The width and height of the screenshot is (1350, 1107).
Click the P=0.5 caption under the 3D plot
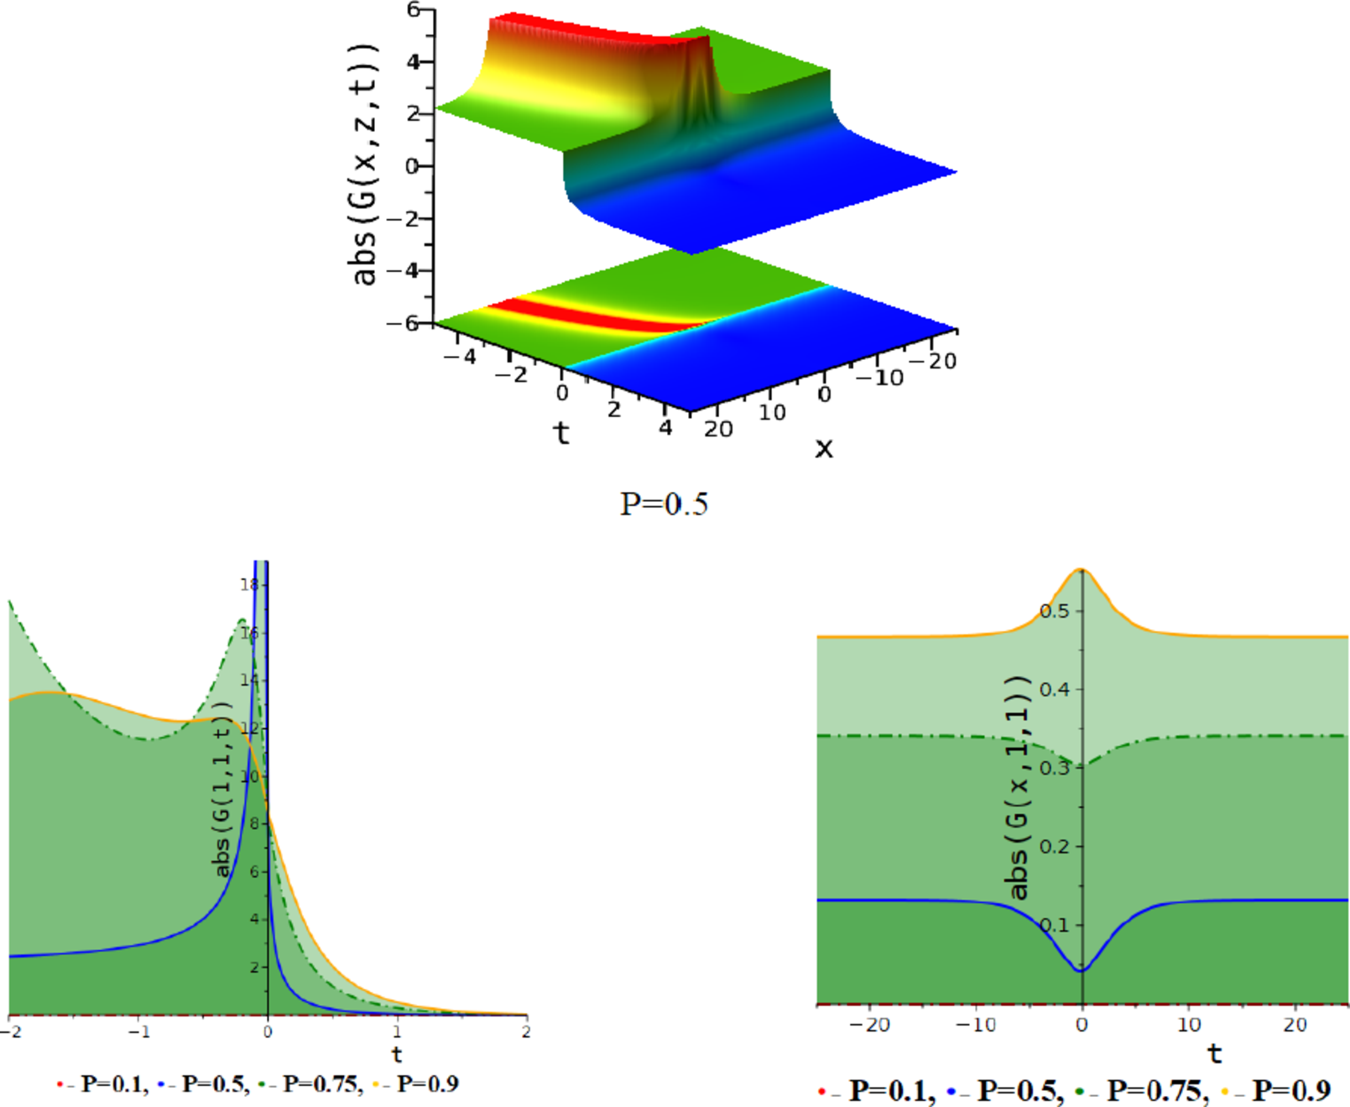(x=663, y=504)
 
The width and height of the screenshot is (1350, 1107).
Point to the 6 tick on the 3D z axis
(x=413, y=9)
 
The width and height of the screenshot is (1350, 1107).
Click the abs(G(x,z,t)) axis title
(x=364, y=165)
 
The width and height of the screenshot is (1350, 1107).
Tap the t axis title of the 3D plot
(x=561, y=433)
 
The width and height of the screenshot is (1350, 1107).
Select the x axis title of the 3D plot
(x=824, y=448)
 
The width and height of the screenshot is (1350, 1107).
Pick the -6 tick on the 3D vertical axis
(x=402, y=323)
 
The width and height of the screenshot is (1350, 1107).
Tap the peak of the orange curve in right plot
(x=1082, y=570)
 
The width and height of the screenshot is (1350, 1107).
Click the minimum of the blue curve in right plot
(x=1082, y=970)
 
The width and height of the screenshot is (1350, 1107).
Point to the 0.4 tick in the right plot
(x=1055, y=690)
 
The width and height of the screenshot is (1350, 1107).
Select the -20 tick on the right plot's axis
(x=869, y=1025)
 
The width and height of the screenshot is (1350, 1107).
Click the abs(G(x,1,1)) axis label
(x=1018, y=786)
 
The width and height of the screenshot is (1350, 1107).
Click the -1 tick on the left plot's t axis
(x=139, y=1032)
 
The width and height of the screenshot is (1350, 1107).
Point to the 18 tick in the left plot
(x=249, y=584)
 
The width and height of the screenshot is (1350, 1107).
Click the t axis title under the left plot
(x=397, y=1054)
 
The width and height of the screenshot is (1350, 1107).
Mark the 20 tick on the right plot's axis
(x=1295, y=1025)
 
